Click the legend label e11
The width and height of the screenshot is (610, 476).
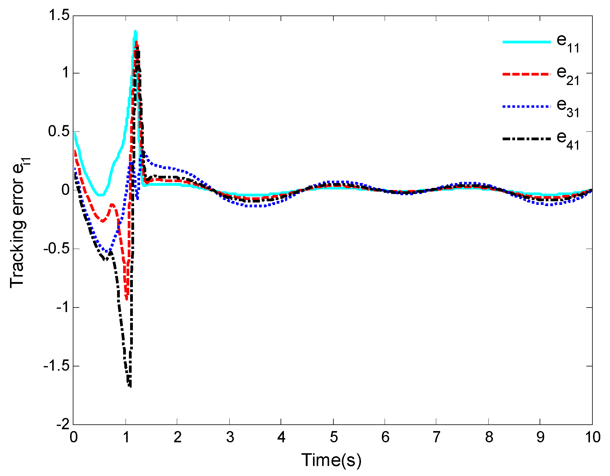[568, 43]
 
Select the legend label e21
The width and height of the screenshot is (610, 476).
[568, 76]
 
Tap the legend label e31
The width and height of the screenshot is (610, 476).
[568, 108]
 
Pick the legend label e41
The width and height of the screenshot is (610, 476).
[568, 141]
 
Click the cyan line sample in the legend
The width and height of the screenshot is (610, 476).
[526, 42]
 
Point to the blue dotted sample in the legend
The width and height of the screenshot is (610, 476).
[526, 107]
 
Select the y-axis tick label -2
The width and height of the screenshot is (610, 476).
[62, 424]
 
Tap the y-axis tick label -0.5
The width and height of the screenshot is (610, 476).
[56, 249]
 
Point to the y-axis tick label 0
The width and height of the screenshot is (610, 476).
[66, 190]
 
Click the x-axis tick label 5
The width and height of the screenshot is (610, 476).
[334, 437]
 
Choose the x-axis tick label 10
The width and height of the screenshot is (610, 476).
[592, 437]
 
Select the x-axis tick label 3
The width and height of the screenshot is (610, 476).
[230, 437]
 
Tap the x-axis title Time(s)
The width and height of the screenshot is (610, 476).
[331, 460]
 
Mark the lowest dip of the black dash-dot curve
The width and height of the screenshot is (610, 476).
[130, 386]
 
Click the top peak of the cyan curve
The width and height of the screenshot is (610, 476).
[135, 31]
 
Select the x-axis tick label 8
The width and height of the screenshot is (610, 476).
[489, 437]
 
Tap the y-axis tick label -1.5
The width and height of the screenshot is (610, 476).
[56, 366]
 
